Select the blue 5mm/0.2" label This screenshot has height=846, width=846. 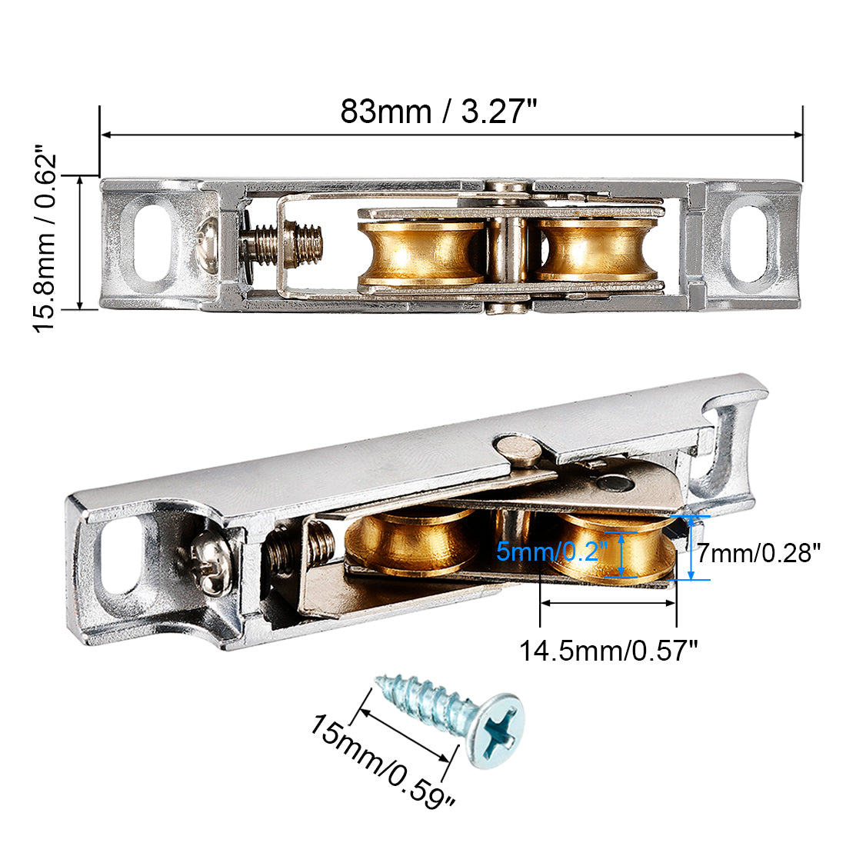(x=552, y=551)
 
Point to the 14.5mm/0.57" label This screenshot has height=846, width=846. (x=608, y=651)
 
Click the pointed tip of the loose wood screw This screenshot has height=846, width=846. (x=379, y=679)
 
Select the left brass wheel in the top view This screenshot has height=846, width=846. (x=421, y=253)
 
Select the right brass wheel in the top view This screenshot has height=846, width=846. (x=596, y=251)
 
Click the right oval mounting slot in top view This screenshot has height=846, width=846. (x=750, y=241)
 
